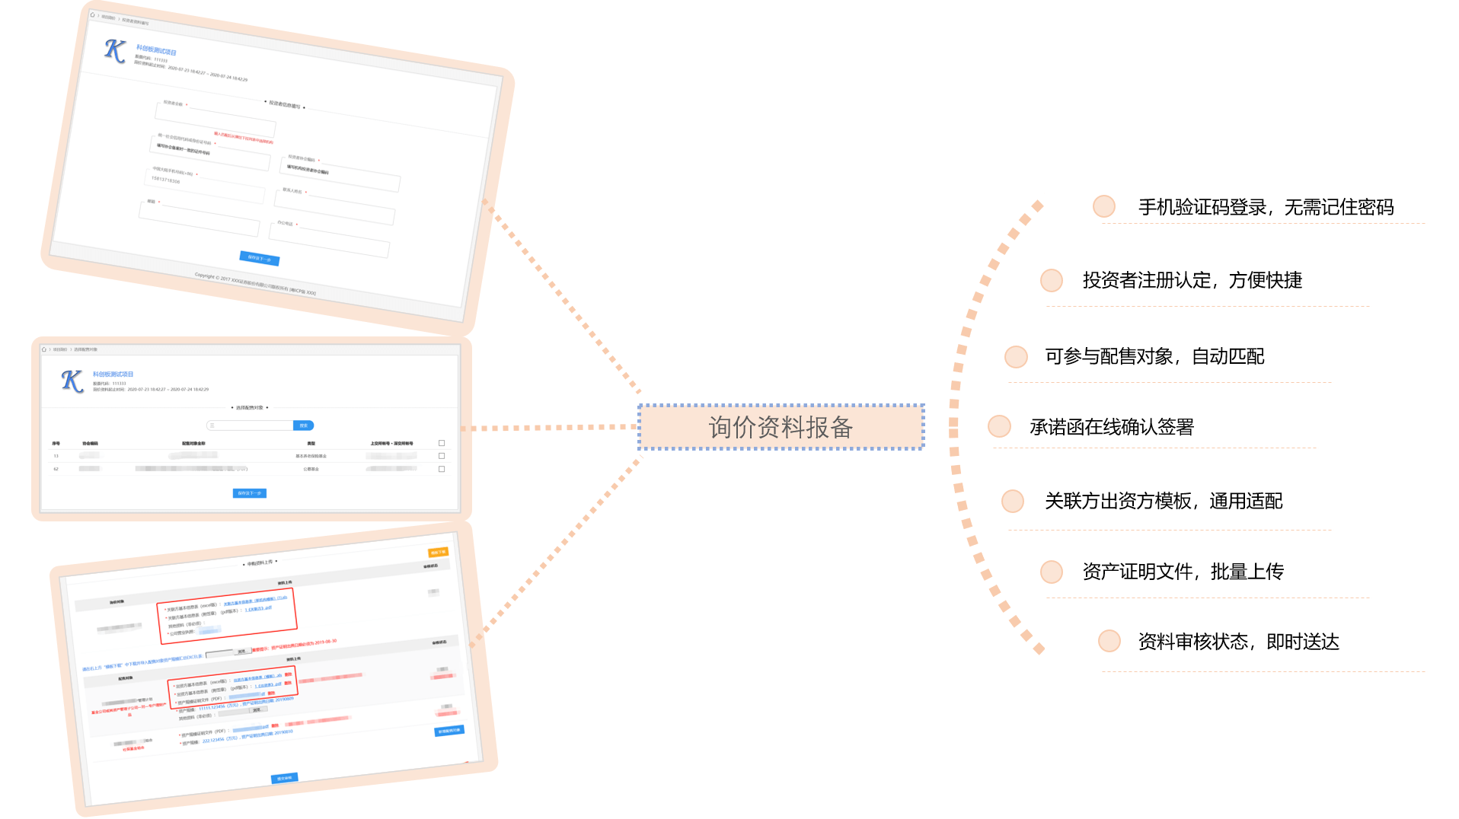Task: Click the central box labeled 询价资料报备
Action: pos(781,427)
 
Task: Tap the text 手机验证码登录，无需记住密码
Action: pos(1266,207)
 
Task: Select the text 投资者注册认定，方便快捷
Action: pos(1192,280)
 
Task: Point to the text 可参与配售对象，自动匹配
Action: pos(1154,356)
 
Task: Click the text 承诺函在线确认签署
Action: pos(1111,427)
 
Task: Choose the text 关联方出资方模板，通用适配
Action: pos(1163,501)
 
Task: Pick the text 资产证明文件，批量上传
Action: pos(1183,572)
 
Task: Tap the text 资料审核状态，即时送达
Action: pos(1238,642)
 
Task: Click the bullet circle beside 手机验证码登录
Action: pos(1103,206)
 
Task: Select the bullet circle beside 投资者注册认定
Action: pos(1051,280)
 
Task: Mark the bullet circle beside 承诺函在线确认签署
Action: pos(998,426)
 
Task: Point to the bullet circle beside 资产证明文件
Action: pos(1051,572)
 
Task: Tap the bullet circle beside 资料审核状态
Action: pos(1109,641)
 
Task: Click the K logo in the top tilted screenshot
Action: pos(115,51)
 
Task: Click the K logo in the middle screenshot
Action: pos(72,381)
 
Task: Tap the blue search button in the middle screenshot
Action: pos(303,425)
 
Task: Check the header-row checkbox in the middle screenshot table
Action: pos(442,443)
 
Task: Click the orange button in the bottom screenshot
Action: pos(438,553)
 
